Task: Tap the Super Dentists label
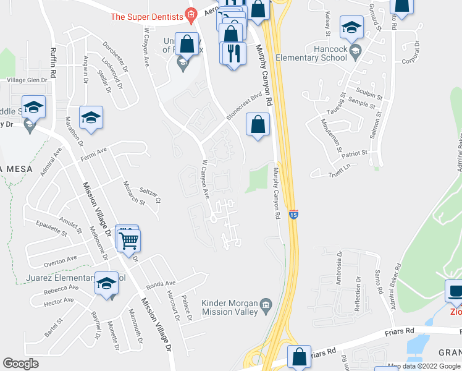pyautogui.click(x=147, y=16)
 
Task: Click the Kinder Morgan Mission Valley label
pyautogui.click(x=229, y=307)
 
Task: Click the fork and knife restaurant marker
pyautogui.click(x=233, y=53)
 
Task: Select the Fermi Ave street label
pyautogui.click(x=94, y=153)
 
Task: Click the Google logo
pyautogui.click(x=20, y=364)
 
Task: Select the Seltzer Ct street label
pyautogui.click(x=149, y=196)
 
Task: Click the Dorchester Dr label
pyautogui.click(x=115, y=54)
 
